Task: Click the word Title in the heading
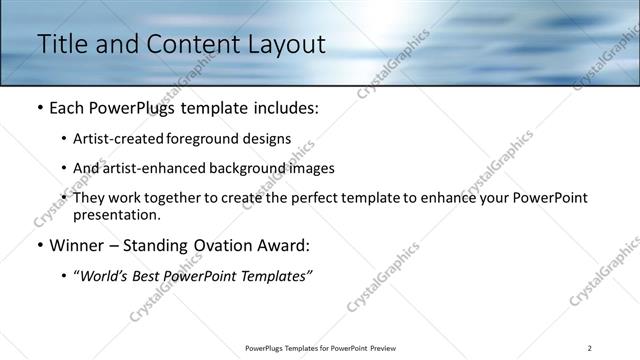(60, 44)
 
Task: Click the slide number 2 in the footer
(590, 348)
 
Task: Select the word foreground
(218, 138)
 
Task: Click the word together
(196, 198)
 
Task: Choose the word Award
(285, 245)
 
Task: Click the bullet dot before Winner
(39, 245)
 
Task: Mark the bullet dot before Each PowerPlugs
(39, 107)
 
